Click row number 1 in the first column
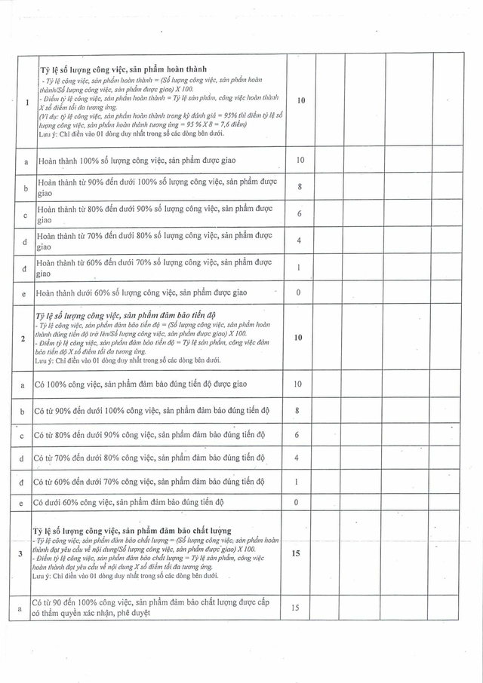coord(27,103)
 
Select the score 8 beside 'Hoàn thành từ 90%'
coord(299,187)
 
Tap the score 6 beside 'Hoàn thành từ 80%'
coord(299,214)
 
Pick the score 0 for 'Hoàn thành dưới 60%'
coord(299,292)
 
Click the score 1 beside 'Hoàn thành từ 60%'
coord(299,268)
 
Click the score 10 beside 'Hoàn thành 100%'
coord(300,161)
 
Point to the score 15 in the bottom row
coord(296,608)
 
